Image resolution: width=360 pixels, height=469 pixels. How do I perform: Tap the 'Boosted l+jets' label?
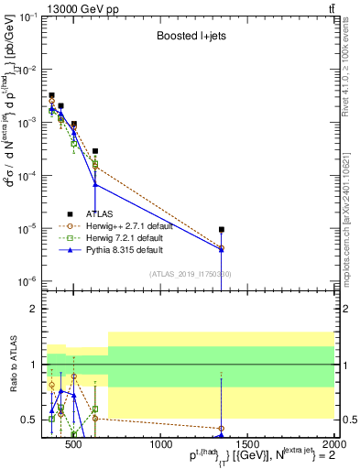pos(185,36)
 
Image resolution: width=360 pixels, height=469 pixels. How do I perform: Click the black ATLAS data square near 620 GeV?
pos(95,151)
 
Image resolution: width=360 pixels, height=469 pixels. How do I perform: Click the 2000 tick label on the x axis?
pos(333,445)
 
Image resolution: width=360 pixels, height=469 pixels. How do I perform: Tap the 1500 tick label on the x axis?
pos(248,445)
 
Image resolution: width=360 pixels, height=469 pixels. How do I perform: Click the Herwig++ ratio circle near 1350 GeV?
pos(222,428)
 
